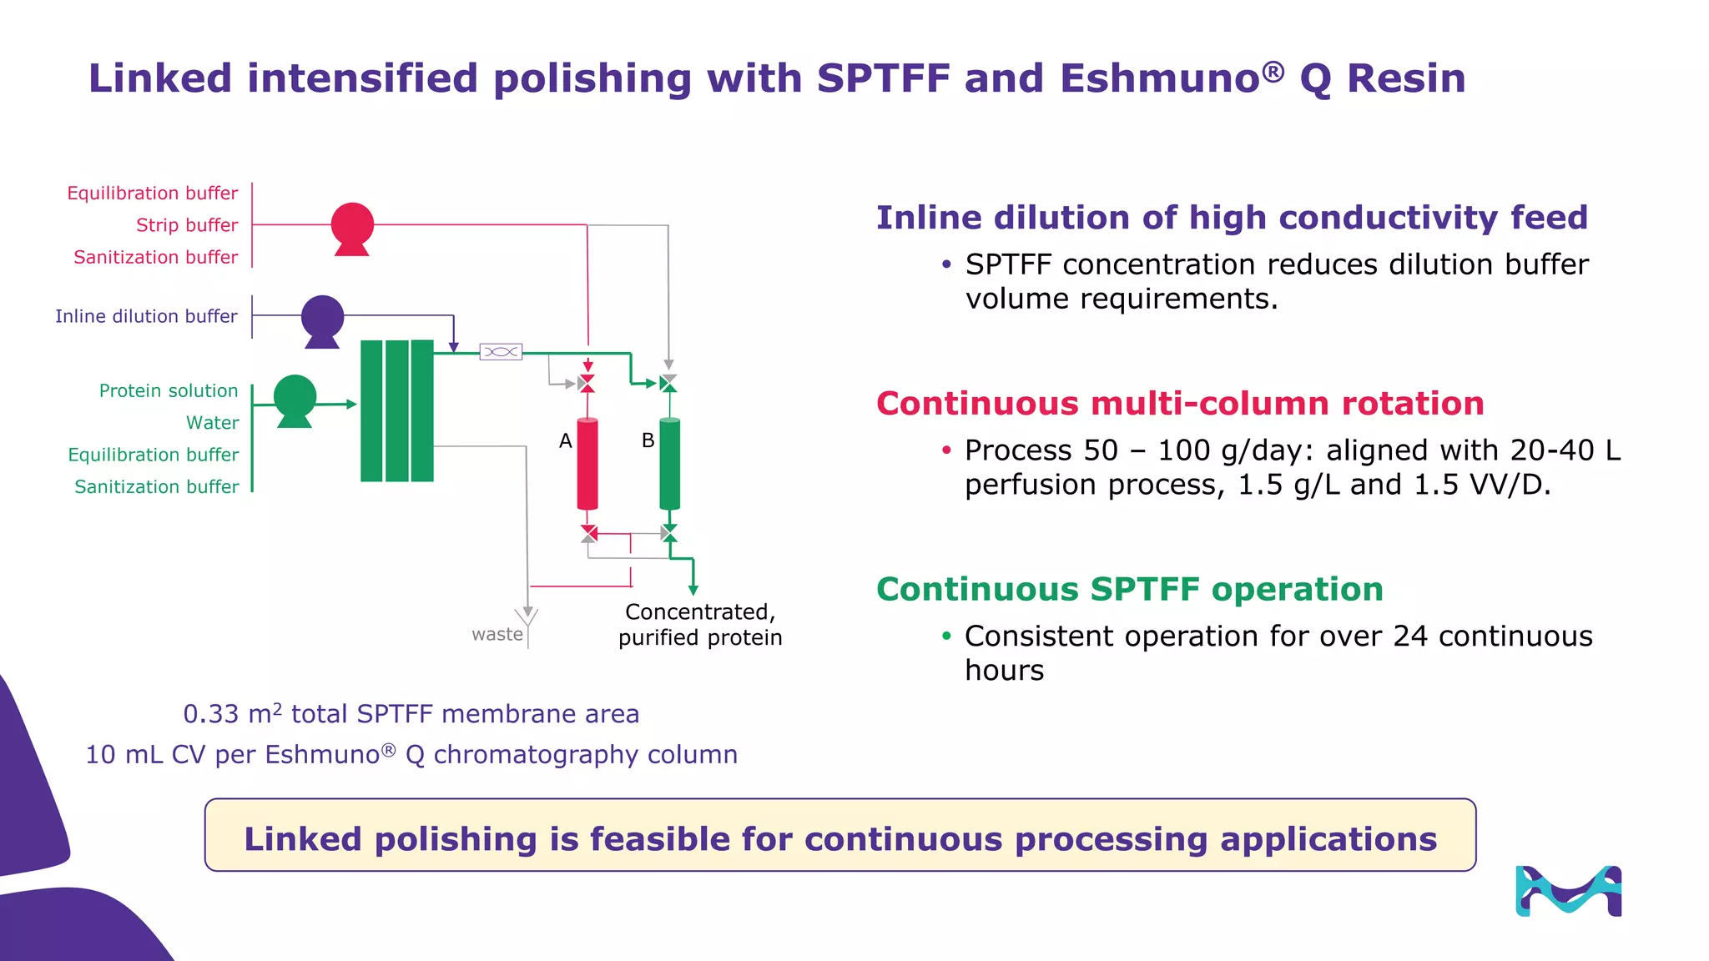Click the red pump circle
click(352, 224)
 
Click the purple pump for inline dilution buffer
click(322, 317)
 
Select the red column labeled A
click(587, 464)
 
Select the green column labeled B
click(669, 464)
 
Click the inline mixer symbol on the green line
click(501, 352)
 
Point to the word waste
click(497, 634)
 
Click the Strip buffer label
click(187, 225)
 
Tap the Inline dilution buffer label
click(146, 316)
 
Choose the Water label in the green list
click(212, 423)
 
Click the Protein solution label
click(169, 390)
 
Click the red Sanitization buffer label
click(156, 257)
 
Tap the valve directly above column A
click(587, 384)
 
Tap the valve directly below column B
click(668, 532)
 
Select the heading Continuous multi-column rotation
click(1180, 404)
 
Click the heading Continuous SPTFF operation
click(1130, 590)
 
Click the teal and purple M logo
click(1568, 891)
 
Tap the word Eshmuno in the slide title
click(1160, 78)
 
